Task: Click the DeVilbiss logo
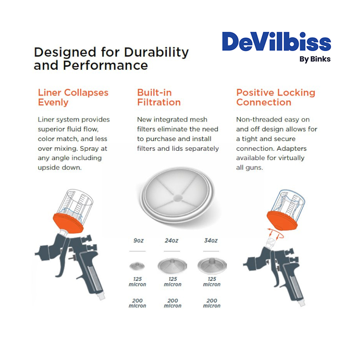point(276,41)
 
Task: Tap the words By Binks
point(315,59)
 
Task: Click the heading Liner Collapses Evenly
point(73,97)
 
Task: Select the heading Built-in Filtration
point(159,97)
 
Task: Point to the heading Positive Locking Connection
point(275,97)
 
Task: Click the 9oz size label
point(139,240)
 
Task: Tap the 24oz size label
point(171,240)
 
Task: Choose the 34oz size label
point(211,240)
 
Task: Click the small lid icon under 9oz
point(137,266)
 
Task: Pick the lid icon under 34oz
point(212,266)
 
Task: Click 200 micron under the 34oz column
point(212,303)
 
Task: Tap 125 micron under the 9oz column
point(137,282)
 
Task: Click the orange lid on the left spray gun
point(68,223)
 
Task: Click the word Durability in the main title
point(156,52)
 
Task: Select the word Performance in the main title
point(105,66)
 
